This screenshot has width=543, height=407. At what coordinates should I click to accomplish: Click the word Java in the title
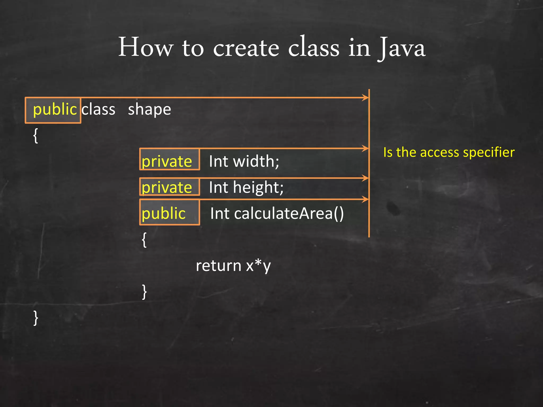tap(402, 48)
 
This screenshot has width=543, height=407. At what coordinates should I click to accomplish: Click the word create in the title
tap(246, 48)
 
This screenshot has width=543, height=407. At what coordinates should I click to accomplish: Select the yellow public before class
tap(55, 109)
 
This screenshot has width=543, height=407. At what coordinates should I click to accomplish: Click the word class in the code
tap(98, 109)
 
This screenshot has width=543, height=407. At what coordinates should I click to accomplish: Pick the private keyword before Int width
tap(167, 161)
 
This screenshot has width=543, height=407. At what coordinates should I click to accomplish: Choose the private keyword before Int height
tap(167, 187)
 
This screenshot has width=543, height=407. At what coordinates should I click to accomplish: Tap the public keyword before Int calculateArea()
tap(164, 213)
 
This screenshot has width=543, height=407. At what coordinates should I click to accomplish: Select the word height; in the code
tap(258, 188)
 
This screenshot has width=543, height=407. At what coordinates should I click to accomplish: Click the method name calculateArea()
tap(289, 214)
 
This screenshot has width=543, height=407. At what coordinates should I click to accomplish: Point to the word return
tap(218, 266)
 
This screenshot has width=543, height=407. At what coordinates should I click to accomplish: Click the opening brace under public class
tap(36, 136)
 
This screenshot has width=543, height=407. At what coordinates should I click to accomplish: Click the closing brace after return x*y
tap(144, 292)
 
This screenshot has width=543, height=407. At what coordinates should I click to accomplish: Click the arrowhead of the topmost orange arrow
tap(366, 98)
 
